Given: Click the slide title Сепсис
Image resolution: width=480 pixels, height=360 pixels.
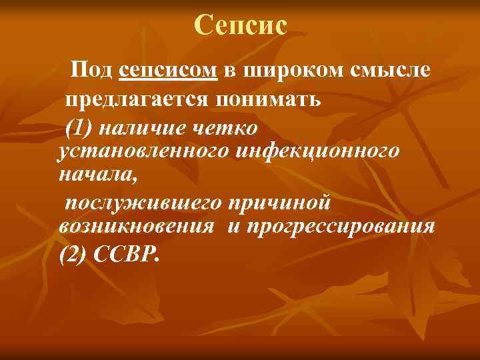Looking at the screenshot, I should click(x=241, y=25).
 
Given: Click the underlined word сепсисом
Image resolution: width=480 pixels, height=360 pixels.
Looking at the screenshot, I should click(x=169, y=70).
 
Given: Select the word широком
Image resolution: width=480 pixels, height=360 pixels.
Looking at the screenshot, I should click(x=293, y=70).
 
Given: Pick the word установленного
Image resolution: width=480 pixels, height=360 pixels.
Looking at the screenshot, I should click(x=143, y=151).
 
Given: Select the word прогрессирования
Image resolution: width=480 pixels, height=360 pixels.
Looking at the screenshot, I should click(x=341, y=227).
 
